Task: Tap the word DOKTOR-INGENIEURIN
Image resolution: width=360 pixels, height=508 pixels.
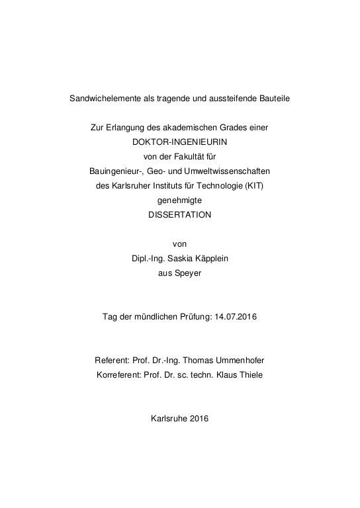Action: [179, 141]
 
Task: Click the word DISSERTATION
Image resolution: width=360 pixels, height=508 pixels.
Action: [179, 214]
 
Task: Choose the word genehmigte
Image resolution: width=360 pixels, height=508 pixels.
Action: [179, 200]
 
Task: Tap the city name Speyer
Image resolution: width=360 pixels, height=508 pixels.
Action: [189, 273]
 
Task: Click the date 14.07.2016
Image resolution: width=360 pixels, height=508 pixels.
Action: [236, 316]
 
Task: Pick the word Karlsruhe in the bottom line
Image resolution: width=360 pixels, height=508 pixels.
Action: [169, 418]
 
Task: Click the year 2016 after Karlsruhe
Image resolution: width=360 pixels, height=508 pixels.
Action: [199, 418]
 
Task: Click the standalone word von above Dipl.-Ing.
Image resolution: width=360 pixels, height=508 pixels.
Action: [179, 243]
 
